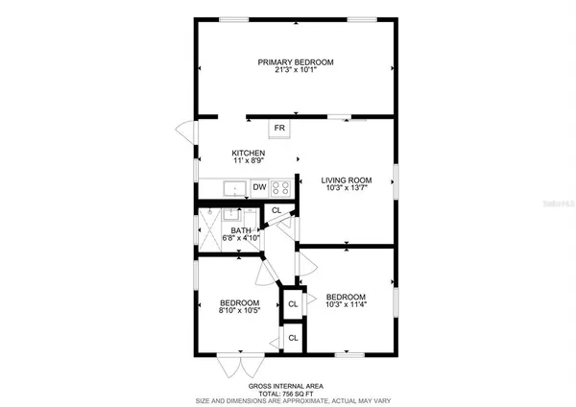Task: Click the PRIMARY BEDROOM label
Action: click(295, 62)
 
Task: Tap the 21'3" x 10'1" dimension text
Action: click(295, 71)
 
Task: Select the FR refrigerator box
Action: click(279, 128)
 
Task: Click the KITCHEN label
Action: click(248, 153)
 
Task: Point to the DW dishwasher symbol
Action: click(259, 186)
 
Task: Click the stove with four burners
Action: click(280, 187)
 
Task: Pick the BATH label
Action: click(240, 229)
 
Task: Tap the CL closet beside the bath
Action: click(276, 210)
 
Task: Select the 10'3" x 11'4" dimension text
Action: click(346, 304)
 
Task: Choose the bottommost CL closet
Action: click(293, 338)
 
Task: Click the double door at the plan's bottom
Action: click(237, 367)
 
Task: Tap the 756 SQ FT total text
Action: click(295, 393)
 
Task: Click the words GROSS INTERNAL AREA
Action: click(295, 386)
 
